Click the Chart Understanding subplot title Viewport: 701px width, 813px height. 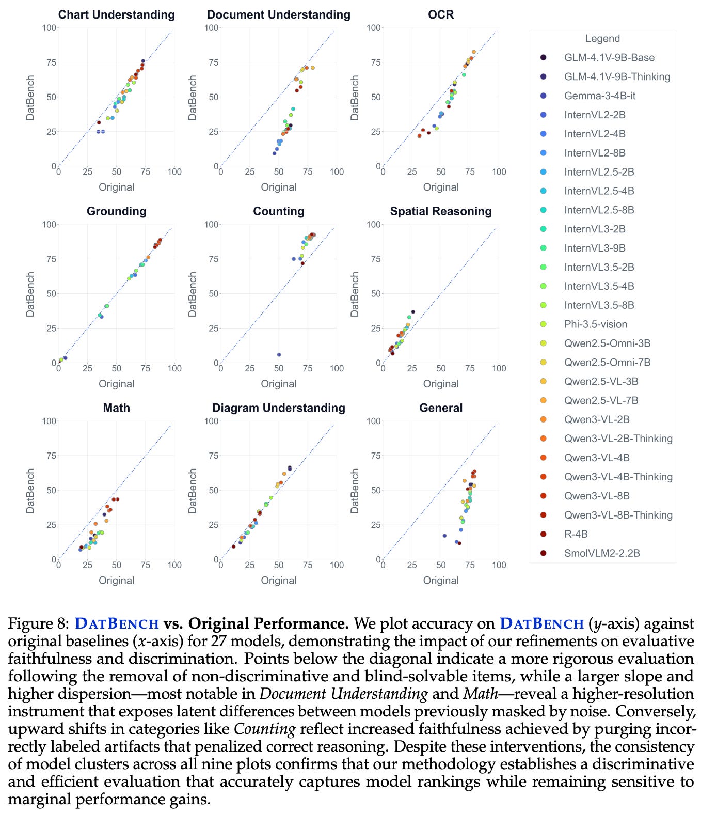(116, 14)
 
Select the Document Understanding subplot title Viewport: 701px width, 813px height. (278, 14)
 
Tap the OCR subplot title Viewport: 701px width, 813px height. (440, 14)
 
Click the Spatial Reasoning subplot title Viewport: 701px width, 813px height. (440, 211)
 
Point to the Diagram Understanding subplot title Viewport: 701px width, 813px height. (278, 408)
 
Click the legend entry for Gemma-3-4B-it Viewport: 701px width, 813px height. (599, 96)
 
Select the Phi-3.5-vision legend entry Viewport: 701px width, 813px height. (595, 324)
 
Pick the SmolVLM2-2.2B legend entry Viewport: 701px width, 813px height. (601, 553)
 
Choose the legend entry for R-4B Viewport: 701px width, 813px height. (576, 534)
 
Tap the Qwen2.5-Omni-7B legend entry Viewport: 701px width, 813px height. (607, 362)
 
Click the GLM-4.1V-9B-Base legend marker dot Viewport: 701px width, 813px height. (543, 57)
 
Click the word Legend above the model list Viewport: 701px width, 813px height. (602, 38)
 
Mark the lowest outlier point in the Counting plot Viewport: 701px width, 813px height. (279, 355)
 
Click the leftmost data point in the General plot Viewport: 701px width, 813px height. (444, 536)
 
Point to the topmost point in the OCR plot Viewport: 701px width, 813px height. (473, 52)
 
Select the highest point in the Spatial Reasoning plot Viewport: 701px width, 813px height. (413, 312)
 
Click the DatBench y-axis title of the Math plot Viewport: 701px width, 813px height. (30, 491)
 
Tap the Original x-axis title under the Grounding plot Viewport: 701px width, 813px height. (116, 384)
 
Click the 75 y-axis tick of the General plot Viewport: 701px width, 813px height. (374, 456)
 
